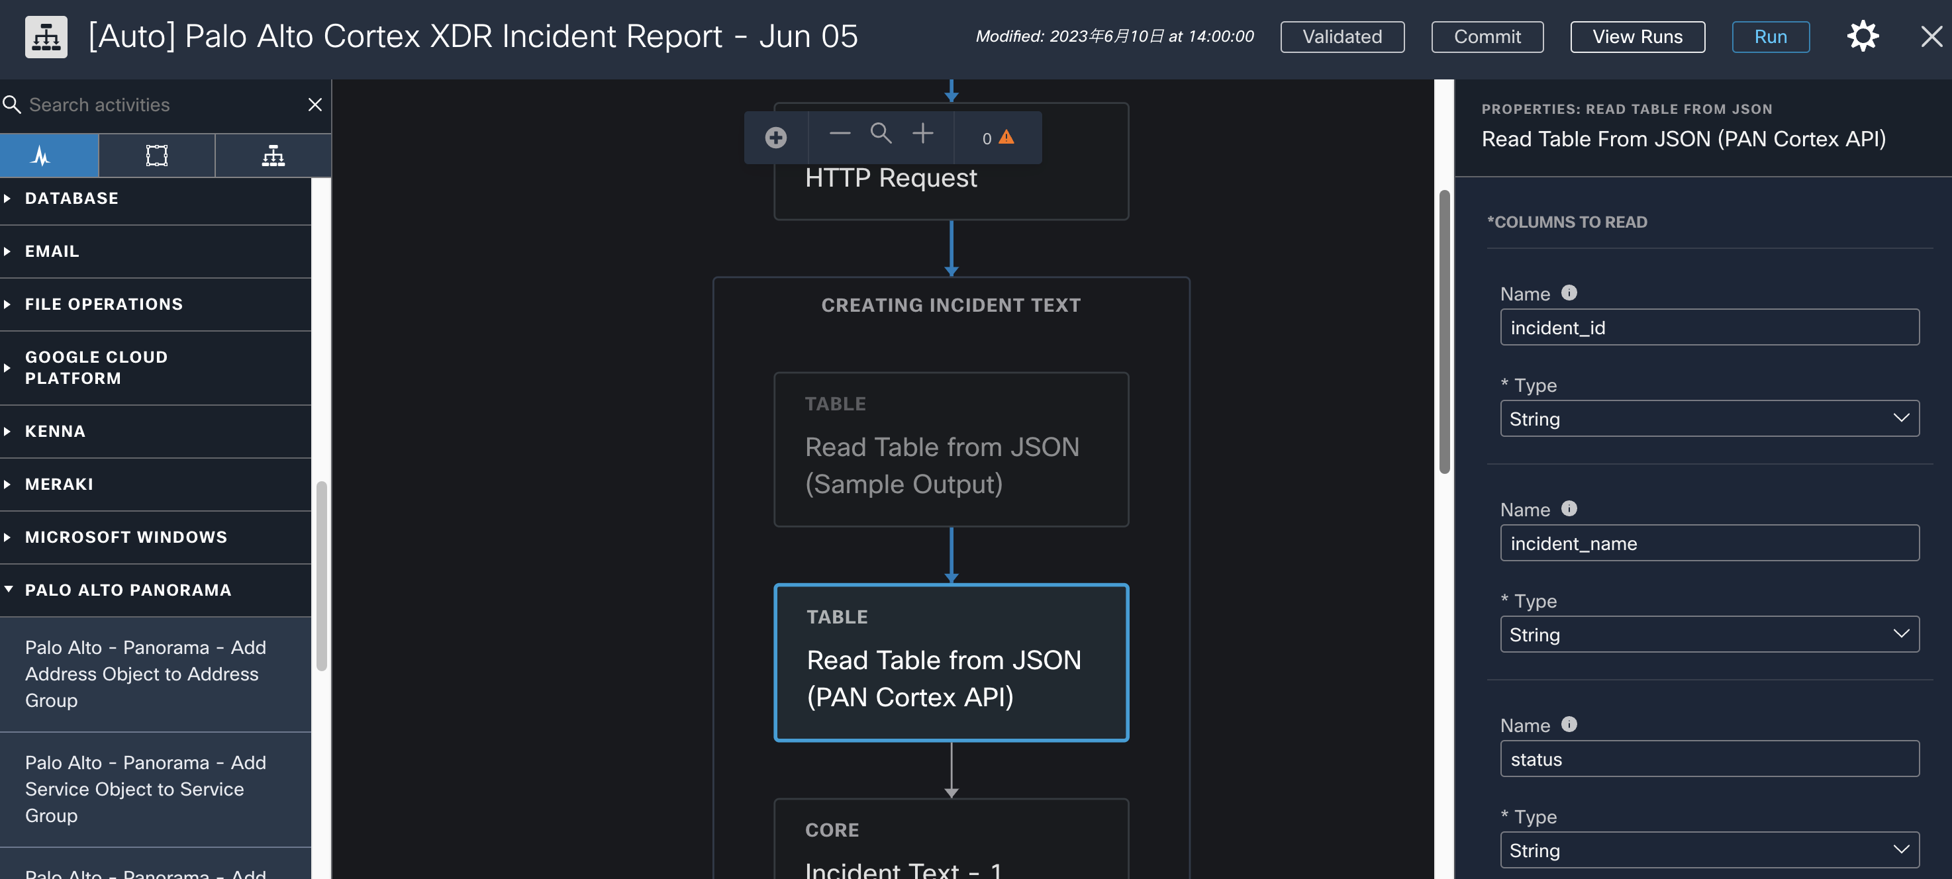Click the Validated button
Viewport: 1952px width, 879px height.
point(1342,36)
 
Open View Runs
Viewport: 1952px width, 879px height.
point(1637,36)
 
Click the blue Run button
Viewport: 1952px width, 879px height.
point(1770,36)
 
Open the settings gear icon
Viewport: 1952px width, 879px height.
point(1863,36)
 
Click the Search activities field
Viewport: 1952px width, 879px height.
point(159,105)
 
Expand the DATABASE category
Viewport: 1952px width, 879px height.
point(72,199)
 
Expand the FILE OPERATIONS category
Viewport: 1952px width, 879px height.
point(104,304)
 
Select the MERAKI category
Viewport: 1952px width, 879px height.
point(59,485)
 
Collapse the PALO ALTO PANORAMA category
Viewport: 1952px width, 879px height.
point(128,590)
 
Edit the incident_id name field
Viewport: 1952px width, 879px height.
point(1709,328)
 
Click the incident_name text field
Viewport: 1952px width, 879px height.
point(1709,543)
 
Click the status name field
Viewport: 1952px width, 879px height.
point(1709,759)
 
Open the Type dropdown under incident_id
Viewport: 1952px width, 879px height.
point(1709,419)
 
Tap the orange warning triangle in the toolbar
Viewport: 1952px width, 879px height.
point(1006,137)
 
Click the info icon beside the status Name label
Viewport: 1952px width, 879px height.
point(1569,724)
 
